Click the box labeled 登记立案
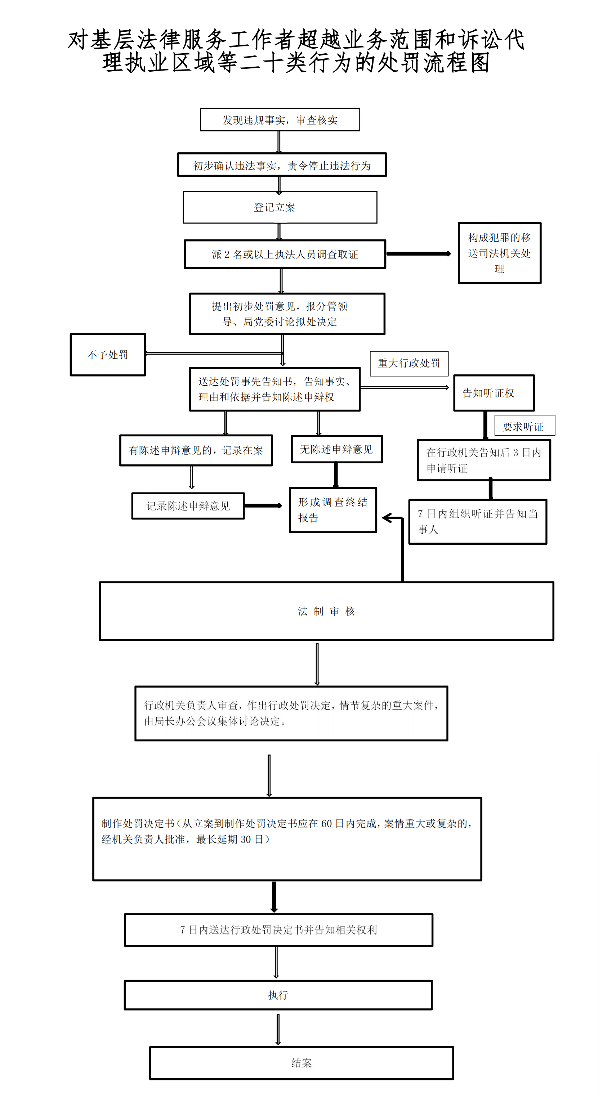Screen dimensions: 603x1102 (280, 207)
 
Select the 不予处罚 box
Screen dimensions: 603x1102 (108, 355)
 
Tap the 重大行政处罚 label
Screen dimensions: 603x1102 (409, 363)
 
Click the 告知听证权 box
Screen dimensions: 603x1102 (494, 393)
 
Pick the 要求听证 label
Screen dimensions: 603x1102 (525, 426)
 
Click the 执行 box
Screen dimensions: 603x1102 (278, 995)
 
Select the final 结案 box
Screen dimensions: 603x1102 (301, 1063)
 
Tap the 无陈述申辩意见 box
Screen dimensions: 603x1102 (337, 449)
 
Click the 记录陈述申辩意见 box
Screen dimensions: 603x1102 (188, 506)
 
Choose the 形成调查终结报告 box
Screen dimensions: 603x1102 (333, 510)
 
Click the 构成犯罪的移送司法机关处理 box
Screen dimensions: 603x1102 (499, 253)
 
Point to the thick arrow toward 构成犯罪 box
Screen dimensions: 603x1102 (419, 254)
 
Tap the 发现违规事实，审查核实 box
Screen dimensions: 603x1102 (280, 120)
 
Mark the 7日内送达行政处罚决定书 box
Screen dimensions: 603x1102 (278, 930)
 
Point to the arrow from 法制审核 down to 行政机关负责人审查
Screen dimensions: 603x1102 (317, 664)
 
